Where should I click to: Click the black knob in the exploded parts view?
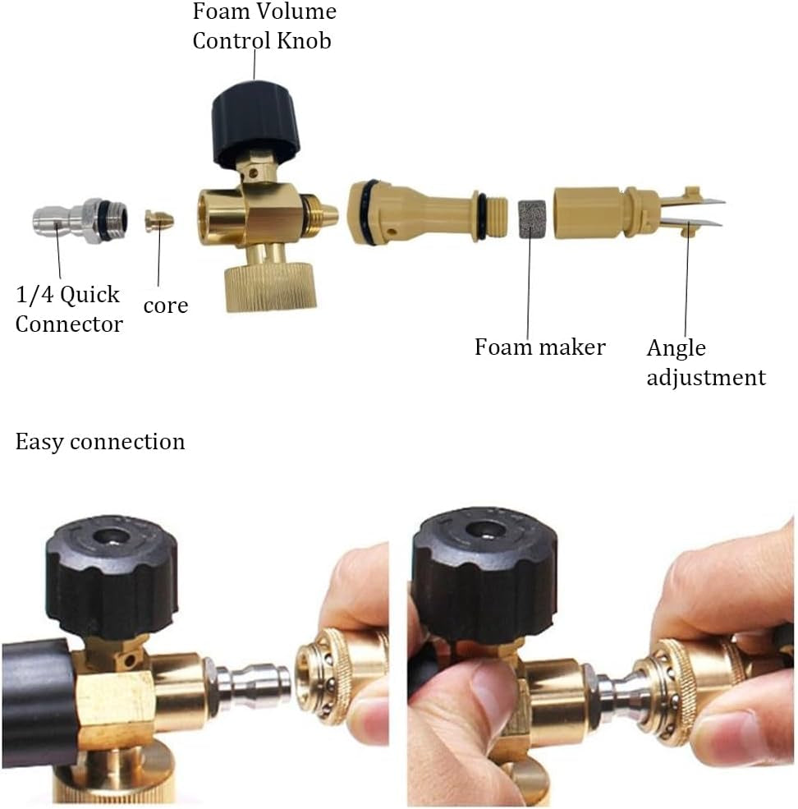click(255, 123)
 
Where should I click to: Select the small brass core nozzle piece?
click(159, 221)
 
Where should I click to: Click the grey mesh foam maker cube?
click(531, 219)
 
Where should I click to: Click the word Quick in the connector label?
click(89, 295)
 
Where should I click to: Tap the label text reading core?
click(166, 306)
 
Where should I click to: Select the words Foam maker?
click(539, 347)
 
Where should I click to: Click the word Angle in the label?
click(676, 349)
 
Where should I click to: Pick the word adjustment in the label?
click(706, 377)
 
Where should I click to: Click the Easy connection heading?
click(100, 442)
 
